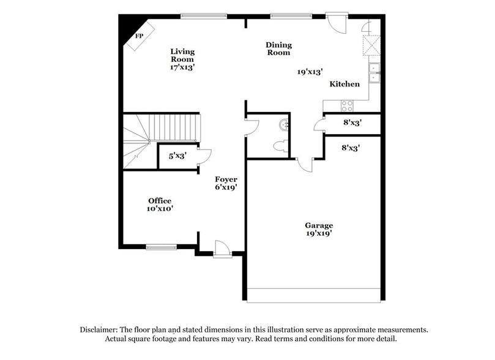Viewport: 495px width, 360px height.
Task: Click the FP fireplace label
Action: point(140,36)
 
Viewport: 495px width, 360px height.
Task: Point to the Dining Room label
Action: point(278,48)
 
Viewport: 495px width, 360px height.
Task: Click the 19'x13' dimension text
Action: point(310,72)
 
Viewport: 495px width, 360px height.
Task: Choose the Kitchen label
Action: point(345,84)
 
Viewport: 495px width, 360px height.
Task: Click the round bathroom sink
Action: point(285,125)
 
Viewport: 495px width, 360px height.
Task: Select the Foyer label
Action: point(226,179)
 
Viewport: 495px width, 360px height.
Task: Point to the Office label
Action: point(160,201)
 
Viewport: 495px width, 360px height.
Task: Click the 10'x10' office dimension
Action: point(160,209)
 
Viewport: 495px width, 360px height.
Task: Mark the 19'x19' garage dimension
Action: point(319,233)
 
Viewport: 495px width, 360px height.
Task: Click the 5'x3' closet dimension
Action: point(178,156)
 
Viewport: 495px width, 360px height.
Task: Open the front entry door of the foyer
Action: point(221,250)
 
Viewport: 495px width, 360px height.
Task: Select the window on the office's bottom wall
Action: point(161,247)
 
